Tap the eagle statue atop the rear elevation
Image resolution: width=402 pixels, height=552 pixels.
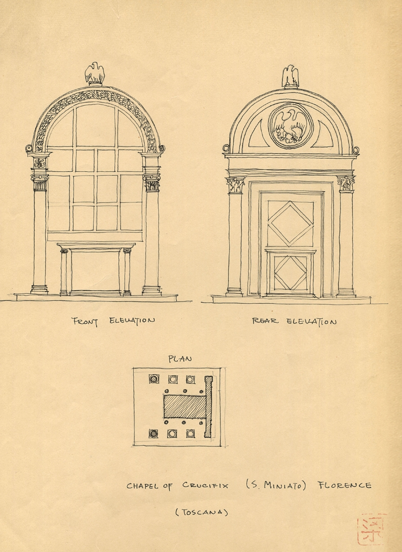click(290, 76)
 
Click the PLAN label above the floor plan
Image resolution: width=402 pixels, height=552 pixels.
click(180, 359)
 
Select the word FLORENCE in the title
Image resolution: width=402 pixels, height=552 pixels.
click(344, 485)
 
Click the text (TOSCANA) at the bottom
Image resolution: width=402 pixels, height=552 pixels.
click(201, 512)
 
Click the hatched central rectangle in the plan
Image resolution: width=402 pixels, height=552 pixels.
click(184, 407)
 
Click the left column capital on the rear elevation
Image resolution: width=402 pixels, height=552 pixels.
click(235, 185)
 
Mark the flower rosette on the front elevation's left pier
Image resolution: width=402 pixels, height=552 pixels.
click(39, 163)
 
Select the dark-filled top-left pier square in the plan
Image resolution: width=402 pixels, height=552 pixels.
click(154, 379)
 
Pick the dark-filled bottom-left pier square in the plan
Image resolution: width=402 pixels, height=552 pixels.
click(153, 433)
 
